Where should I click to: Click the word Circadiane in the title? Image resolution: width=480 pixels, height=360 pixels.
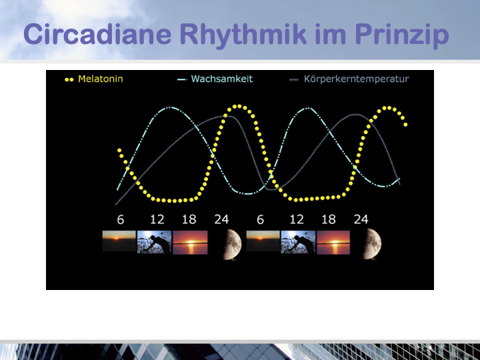pos(97,34)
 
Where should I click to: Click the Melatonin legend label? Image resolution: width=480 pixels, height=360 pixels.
pos(101,79)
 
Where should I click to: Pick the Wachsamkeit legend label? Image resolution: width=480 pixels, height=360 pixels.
pos(222,79)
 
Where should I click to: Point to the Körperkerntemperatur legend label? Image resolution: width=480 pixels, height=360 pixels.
pos(356,79)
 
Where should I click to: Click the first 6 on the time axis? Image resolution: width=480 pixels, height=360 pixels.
pos(121,219)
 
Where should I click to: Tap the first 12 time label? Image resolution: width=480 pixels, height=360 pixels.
pos(157,219)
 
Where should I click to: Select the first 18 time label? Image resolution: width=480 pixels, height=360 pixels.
pos(189,219)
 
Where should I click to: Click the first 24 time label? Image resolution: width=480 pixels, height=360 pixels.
pos(221,219)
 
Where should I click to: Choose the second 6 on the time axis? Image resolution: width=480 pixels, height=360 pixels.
pos(260,219)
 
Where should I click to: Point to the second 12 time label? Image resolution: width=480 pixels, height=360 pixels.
pos(297,219)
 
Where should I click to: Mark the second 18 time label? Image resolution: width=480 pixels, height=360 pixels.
pos(329,219)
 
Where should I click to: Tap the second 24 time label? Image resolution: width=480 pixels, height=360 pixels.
pos(361,219)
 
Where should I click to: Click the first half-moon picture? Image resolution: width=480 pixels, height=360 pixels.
pos(233,244)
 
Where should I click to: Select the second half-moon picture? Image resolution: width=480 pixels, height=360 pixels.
pos(372,244)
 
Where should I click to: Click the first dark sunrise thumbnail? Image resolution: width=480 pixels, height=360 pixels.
pos(119,241)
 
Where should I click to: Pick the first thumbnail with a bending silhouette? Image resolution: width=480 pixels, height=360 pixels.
pos(154,242)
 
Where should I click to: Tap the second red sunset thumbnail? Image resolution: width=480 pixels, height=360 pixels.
pos(333,243)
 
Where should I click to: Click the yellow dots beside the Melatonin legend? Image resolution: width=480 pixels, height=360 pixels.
pos(69,79)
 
